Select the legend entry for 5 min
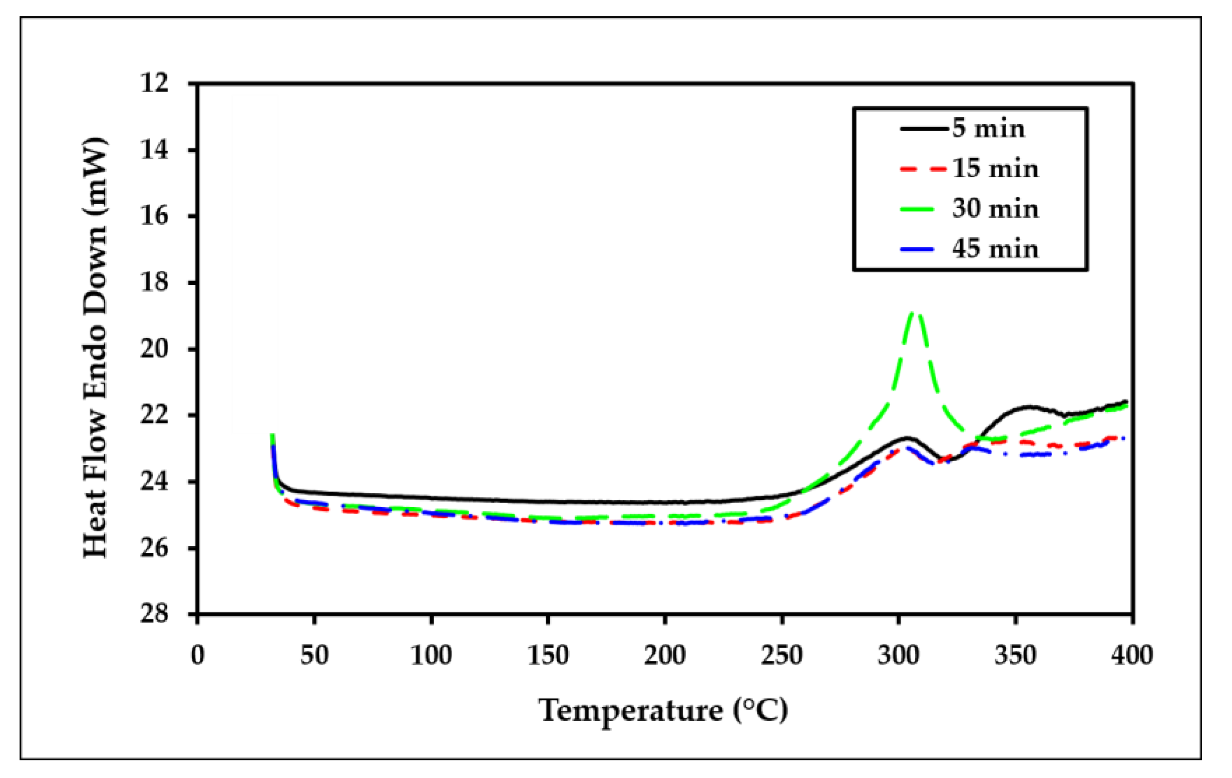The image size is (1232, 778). [988, 128]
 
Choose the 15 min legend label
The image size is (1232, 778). [995, 169]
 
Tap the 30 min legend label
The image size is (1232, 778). [995, 209]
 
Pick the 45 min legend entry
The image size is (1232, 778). [995, 249]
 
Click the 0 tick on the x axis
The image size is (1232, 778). [197, 655]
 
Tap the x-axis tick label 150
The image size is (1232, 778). [548, 655]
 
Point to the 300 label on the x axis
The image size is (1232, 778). [898, 655]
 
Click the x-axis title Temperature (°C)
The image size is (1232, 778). [663, 711]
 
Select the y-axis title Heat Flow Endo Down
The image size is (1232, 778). [95, 348]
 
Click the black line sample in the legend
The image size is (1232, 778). [924, 129]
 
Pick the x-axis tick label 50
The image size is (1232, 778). [314, 655]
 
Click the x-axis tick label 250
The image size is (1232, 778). [782, 655]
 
